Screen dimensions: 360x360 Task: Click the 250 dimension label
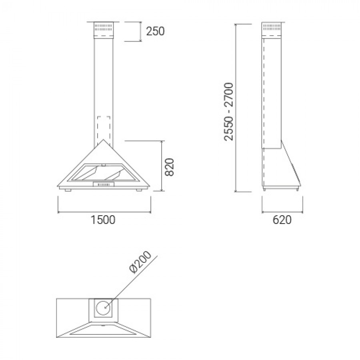tap(156, 32)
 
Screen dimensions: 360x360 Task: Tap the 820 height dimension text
tap(170, 167)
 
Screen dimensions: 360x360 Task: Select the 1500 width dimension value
tap(103, 220)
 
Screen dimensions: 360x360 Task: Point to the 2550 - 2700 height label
tap(229, 112)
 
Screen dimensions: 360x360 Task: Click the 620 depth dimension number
tap(282, 220)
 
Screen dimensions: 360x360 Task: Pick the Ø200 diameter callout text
tap(140, 262)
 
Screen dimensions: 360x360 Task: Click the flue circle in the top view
tap(104, 308)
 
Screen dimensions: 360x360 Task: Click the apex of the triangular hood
tap(103, 139)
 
